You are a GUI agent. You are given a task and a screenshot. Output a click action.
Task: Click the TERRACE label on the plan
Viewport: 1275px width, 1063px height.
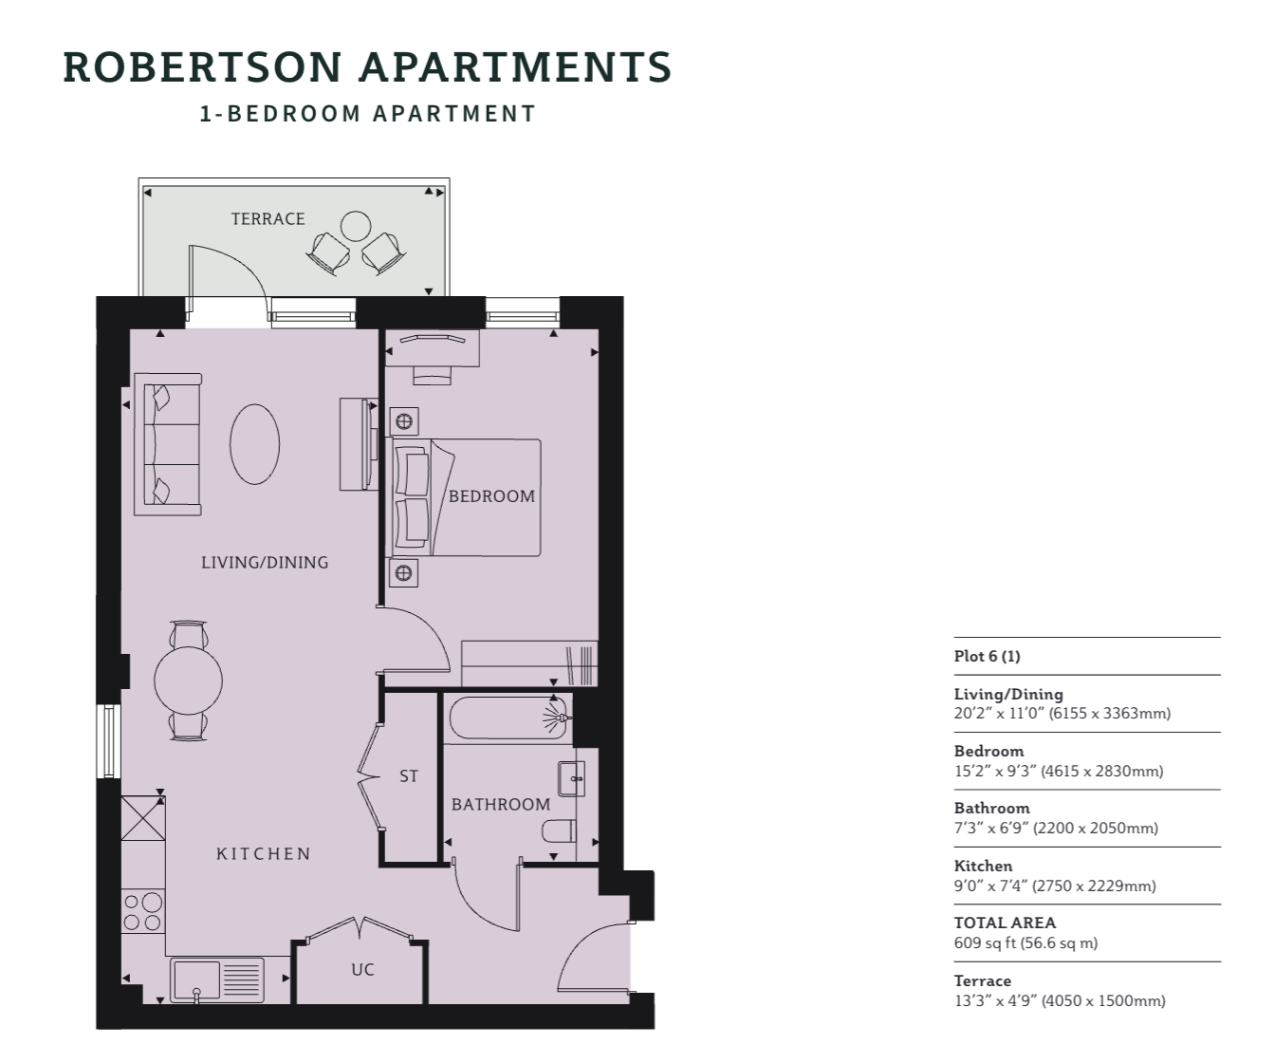point(268,218)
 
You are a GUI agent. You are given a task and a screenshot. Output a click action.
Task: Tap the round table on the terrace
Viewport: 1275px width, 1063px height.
point(356,227)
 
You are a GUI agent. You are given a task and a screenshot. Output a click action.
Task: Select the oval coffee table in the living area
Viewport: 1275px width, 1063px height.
point(254,444)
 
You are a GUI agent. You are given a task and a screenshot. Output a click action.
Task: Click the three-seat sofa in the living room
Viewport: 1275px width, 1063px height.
point(168,444)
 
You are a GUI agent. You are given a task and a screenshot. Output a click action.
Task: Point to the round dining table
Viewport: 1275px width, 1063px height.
point(188,681)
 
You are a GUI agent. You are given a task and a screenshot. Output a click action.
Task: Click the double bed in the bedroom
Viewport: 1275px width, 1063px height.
point(466,497)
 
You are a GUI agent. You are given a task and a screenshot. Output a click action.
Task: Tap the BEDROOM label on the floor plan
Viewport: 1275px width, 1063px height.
point(491,496)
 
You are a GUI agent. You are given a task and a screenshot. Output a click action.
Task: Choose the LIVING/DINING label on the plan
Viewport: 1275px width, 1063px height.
point(265,562)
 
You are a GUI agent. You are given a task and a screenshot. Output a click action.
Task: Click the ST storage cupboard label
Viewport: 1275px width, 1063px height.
point(409,775)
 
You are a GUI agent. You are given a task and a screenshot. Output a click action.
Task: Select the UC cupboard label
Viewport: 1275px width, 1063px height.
point(362,970)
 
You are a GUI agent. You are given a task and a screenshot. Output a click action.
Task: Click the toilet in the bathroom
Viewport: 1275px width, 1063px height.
point(560,830)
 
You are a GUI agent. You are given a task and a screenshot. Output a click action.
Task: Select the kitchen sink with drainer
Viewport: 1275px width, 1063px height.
point(217,979)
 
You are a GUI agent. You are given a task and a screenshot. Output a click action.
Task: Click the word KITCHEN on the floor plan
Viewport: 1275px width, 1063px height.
point(264,853)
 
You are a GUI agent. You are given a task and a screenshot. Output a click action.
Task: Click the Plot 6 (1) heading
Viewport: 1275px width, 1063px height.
point(988,656)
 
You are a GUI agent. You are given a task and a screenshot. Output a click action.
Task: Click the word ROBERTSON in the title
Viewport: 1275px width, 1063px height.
point(202,66)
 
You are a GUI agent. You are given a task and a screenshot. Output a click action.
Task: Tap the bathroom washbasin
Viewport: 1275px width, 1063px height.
point(571,778)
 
